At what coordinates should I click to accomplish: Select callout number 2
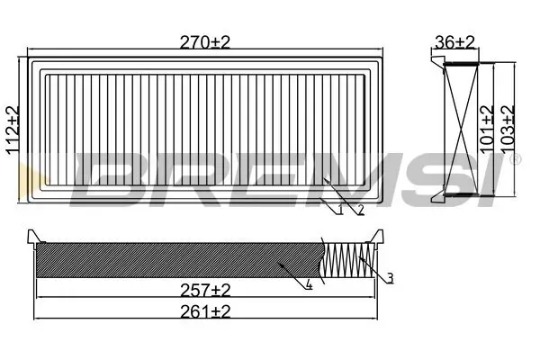click(x=361, y=211)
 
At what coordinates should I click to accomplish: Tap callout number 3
click(x=390, y=279)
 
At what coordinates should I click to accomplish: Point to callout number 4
click(x=308, y=285)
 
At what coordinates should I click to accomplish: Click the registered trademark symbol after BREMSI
click(x=515, y=159)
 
